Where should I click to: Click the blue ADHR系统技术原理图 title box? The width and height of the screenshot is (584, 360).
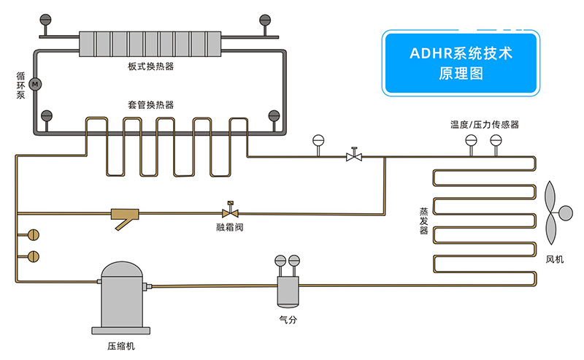point(461,63)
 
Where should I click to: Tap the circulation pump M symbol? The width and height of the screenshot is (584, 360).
point(36,85)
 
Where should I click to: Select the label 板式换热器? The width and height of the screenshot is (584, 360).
point(150,67)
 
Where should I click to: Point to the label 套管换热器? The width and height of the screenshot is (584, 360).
point(150,105)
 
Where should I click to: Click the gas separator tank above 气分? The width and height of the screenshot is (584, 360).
point(286,290)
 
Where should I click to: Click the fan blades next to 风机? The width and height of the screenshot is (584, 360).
point(556,213)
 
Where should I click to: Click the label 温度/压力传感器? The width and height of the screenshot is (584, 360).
point(484,125)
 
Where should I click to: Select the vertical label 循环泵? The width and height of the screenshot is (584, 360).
point(20,85)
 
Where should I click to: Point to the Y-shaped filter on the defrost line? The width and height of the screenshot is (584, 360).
point(125,216)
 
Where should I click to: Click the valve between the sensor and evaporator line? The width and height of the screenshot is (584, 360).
point(355,156)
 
